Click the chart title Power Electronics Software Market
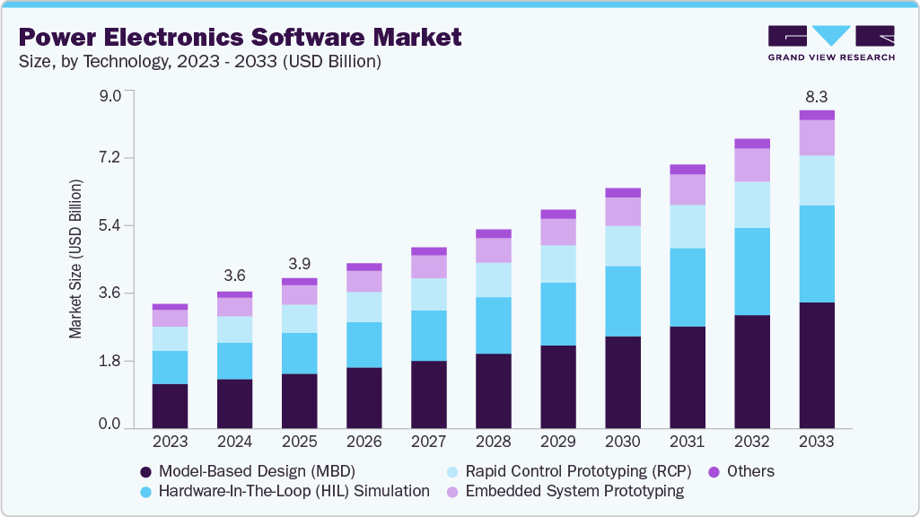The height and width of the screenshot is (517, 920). (x=240, y=37)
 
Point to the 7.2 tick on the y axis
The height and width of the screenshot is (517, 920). (x=110, y=158)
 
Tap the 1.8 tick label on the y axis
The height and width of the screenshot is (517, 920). (x=110, y=361)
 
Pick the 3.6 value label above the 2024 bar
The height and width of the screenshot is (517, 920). (x=234, y=276)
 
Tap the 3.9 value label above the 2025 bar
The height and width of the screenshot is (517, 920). (x=299, y=264)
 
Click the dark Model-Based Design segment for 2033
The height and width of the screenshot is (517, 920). (x=817, y=365)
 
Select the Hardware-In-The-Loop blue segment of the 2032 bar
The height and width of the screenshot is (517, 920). (x=752, y=271)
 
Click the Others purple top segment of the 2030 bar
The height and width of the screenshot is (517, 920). (x=623, y=192)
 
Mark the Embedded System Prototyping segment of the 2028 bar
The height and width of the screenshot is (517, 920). (x=494, y=250)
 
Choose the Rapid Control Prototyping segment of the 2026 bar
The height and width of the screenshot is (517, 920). (x=364, y=307)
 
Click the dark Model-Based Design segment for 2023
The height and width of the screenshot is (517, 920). (x=170, y=406)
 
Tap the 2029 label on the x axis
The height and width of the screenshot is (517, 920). (x=557, y=442)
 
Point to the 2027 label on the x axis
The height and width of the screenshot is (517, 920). (x=428, y=442)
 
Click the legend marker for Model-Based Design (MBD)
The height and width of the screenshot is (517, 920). (x=145, y=471)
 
